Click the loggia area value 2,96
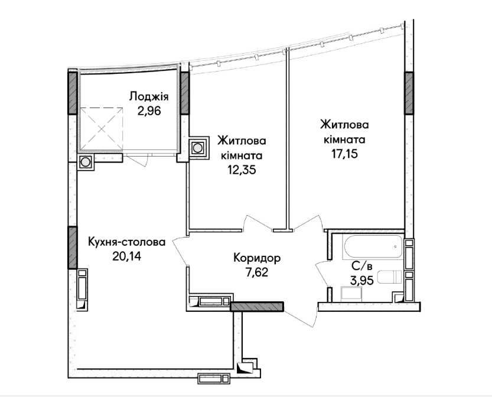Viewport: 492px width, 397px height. click(x=149, y=111)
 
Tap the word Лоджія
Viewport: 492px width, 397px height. click(x=149, y=97)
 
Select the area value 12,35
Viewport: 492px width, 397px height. click(x=242, y=170)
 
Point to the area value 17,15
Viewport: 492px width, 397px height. click(x=344, y=154)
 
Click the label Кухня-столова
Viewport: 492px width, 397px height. click(x=127, y=242)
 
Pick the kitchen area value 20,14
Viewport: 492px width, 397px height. click(x=127, y=256)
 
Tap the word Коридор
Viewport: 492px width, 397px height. click(x=257, y=259)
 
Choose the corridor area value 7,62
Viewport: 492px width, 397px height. click(x=257, y=273)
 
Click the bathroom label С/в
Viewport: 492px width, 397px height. click(x=362, y=266)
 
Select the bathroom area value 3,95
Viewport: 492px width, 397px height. click(x=362, y=280)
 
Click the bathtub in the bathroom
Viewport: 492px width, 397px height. click(x=373, y=247)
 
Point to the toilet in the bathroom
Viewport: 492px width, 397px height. click(x=389, y=277)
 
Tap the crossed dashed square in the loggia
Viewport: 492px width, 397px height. click(x=102, y=129)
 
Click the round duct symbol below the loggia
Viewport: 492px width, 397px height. click(x=85, y=162)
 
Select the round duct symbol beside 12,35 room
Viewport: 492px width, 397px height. click(x=197, y=148)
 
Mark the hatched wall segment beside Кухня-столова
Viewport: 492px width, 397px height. click(x=73, y=248)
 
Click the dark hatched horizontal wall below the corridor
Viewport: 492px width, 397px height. click(x=257, y=307)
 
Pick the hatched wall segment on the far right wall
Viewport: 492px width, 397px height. click(x=409, y=93)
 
